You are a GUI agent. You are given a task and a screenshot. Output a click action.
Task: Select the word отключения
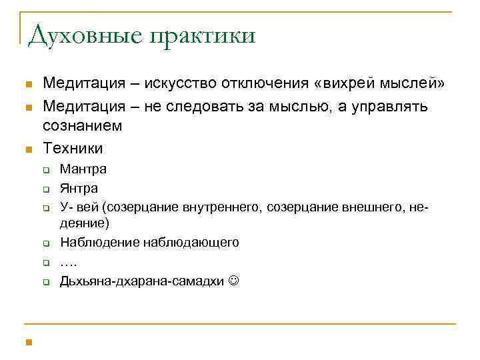[x=272, y=83]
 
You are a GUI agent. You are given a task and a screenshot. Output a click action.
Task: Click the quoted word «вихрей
[x=346, y=83]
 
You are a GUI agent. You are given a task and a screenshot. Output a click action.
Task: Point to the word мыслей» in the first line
[x=414, y=83]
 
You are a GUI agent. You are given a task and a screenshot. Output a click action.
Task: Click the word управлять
[x=398, y=106]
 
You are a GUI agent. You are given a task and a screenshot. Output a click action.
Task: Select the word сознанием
[x=82, y=125]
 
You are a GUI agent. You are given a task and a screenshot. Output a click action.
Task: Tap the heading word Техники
[x=73, y=147]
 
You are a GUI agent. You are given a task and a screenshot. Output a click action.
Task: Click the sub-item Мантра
[x=83, y=169]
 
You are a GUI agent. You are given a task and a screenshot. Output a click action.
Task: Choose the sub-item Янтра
[x=79, y=189]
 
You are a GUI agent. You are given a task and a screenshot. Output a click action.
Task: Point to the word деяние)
[x=85, y=223]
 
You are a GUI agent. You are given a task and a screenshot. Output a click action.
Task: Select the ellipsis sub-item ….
[x=68, y=261]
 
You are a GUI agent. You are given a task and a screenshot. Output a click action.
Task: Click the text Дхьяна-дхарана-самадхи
[x=141, y=281]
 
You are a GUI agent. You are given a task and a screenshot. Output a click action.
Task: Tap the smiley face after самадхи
[x=233, y=281]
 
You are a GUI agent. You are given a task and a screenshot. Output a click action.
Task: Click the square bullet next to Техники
[x=27, y=148]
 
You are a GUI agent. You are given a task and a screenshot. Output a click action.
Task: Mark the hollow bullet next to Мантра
[x=47, y=170]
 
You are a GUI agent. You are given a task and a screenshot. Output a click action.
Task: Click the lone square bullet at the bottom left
[x=27, y=343]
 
